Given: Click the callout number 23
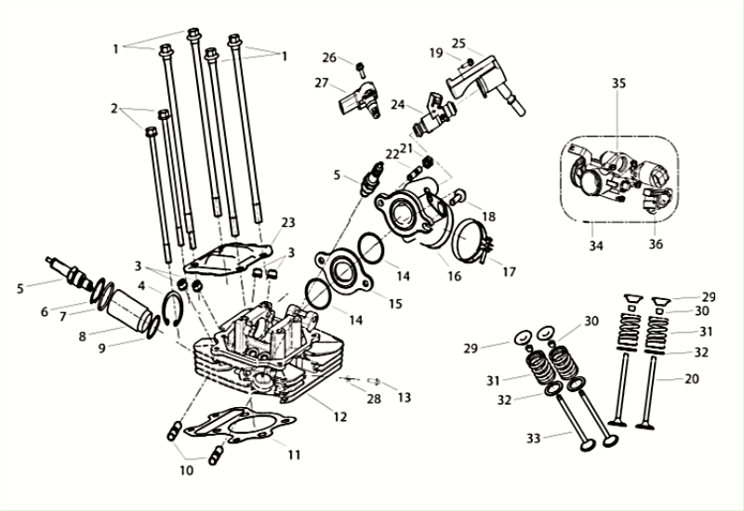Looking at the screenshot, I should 288,223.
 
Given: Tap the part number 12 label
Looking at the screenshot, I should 340,417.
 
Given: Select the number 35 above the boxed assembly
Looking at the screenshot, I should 619,84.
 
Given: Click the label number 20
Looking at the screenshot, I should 691,379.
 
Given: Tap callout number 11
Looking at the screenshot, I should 294,455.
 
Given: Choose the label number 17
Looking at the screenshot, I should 508,272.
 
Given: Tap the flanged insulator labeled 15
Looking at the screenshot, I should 339,269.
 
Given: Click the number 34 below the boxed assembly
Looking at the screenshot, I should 595,246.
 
